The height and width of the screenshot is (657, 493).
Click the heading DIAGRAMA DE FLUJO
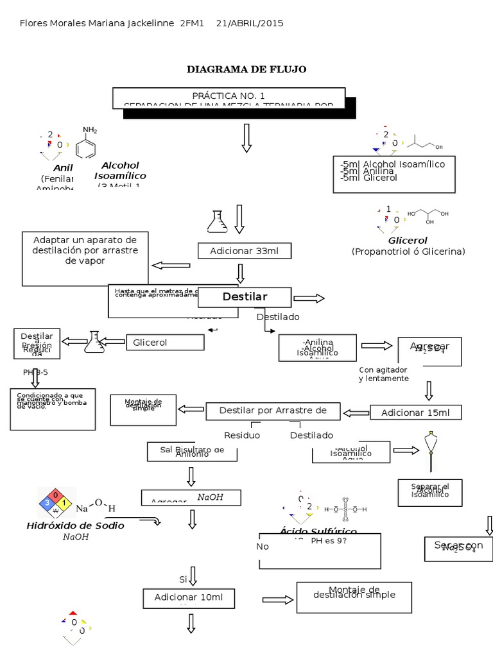click(x=246, y=69)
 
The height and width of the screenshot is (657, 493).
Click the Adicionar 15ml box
click(x=415, y=413)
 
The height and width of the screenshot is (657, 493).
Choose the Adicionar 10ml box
click(x=189, y=598)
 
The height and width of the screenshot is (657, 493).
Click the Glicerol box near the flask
click(x=164, y=343)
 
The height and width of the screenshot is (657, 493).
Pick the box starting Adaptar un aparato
click(x=85, y=250)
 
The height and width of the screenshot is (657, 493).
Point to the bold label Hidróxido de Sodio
click(x=76, y=525)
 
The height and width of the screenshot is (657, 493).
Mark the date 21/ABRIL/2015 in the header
click(x=249, y=23)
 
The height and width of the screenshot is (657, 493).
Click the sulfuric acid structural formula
click(x=345, y=509)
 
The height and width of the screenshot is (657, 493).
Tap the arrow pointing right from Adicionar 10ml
click(x=277, y=599)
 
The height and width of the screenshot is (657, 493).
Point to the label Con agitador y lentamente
click(x=384, y=374)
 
